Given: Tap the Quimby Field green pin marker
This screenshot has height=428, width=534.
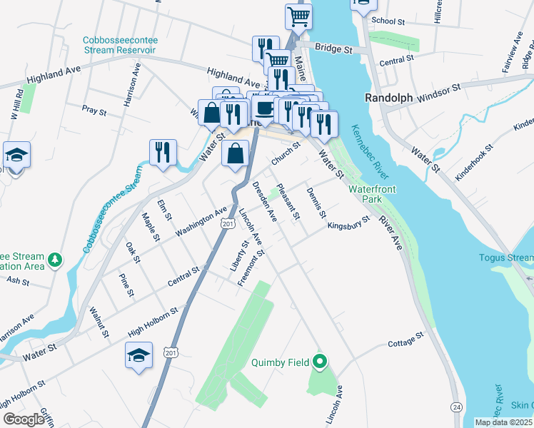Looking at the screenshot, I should [320, 362].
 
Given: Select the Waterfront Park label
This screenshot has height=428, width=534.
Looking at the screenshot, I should [371, 195].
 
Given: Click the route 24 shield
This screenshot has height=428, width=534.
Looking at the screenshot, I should [455, 406].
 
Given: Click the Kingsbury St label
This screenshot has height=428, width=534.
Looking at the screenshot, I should [348, 224].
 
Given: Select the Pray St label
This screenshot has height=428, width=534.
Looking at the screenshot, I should [94, 111].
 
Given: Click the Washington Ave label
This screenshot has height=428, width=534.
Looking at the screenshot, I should [201, 222].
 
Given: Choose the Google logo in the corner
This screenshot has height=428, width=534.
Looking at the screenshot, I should [24, 419].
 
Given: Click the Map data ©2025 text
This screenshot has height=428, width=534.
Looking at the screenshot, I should [504, 422].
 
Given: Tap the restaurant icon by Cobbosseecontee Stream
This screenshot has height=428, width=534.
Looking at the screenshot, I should [163, 152].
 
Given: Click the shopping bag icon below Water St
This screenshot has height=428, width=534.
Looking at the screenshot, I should [236, 153].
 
